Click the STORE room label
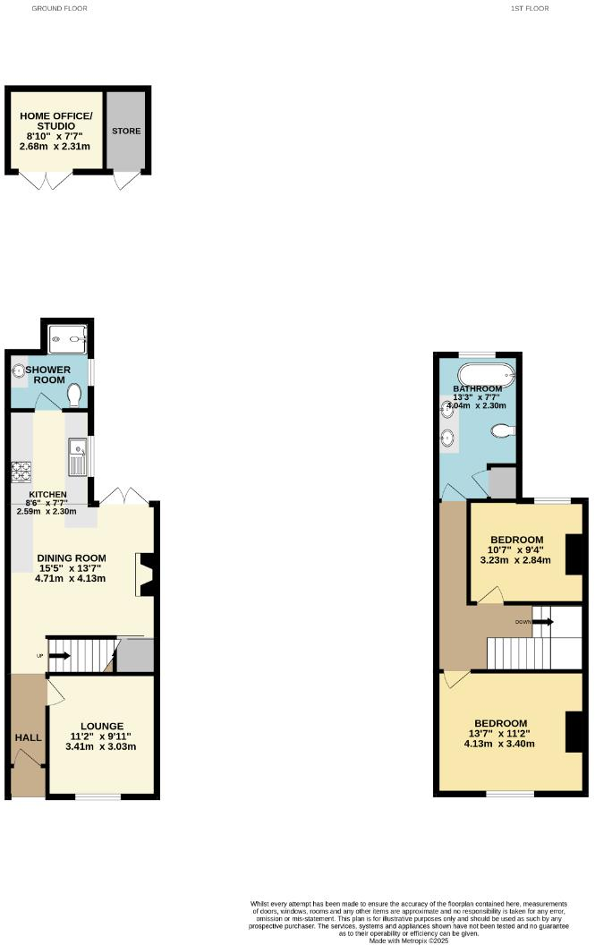click(126, 132)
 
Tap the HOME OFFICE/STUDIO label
click(55, 121)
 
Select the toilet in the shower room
click(75, 394)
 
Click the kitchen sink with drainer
click(76, 456)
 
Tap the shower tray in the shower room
click(67, 336)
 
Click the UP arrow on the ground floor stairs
click(59, 656)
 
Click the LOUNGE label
click(101, 726)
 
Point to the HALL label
click(28, 736)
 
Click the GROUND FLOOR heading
click(60, 8)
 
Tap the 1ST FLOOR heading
click(530, 8)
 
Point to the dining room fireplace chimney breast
click(146, 575)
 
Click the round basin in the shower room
click(19, 371)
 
